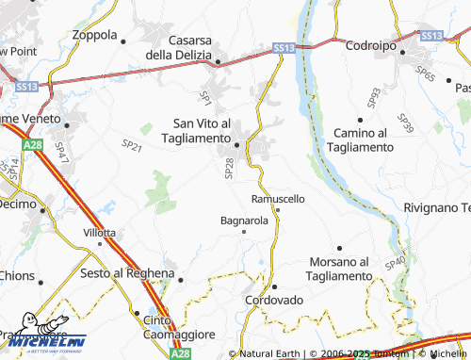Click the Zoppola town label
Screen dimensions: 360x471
[x=93, y=36]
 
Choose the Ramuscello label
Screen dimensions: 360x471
[x=278, y=199]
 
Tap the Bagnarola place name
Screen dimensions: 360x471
[x=244, y=221]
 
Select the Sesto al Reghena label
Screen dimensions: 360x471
[x=127, y=273]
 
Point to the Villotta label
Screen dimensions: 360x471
[x=99, y=232]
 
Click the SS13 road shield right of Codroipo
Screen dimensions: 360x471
[x=432, y=36]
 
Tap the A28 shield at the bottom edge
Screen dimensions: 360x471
[x=180, y=352]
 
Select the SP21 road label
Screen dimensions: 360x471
[x=132, y=145]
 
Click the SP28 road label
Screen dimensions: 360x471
[x=229, y=168]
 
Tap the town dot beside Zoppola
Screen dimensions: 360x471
[x=122, y=40]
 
